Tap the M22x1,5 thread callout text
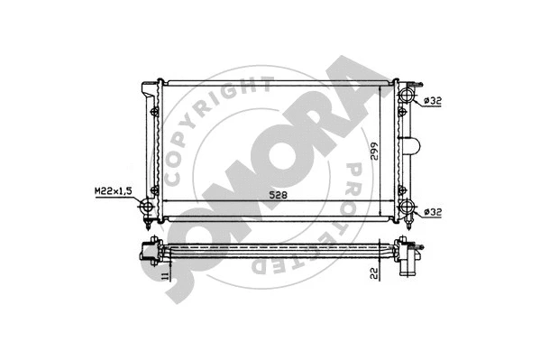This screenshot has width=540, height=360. (111, 191)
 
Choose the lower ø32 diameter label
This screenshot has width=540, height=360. (432, 213)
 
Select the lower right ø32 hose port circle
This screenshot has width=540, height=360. (408, 211)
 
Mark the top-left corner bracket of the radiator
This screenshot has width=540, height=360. (146, 88)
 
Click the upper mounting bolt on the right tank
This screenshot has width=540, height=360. (400, 113)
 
